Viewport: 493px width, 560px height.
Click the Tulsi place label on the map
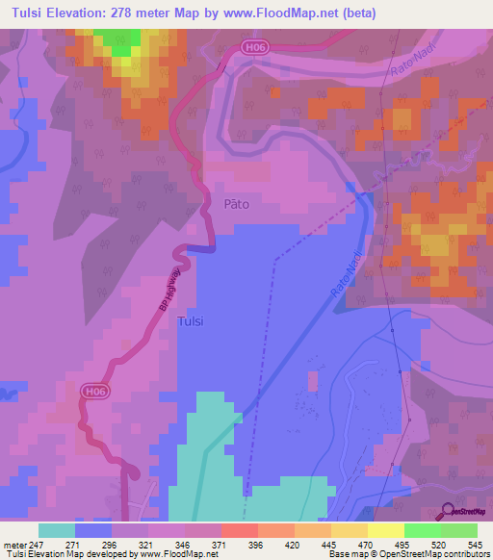(x=191, y=323)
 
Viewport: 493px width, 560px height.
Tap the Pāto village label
(x=237, y=204)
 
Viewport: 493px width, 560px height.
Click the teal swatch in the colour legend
(x=56, y=530)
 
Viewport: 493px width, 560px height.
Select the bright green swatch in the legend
(x=422, y=530)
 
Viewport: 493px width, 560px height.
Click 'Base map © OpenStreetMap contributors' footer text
(x=408, y=554)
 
